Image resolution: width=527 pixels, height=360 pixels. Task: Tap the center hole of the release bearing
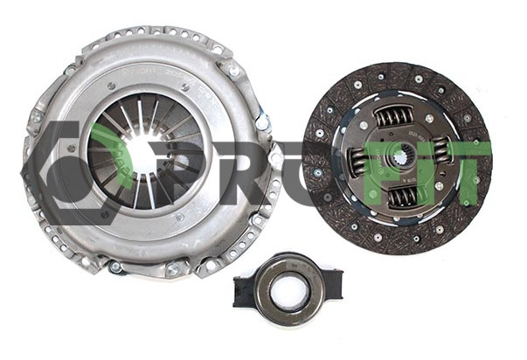click(x=288, y=290)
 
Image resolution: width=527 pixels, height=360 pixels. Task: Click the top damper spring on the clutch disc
click(x=394, y=116)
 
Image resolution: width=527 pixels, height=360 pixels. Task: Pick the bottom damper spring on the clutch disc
click(x=402, y=196)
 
